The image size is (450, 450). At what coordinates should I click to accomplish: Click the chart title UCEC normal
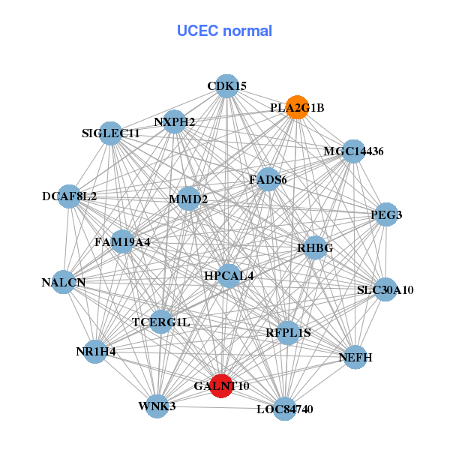coord(224,31)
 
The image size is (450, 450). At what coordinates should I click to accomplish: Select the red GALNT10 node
coord(220,385)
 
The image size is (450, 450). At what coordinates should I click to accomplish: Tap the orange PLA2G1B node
coord(298,107)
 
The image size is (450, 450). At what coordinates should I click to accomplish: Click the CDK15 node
coord(226,86)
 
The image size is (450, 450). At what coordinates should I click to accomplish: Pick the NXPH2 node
coord(174,121)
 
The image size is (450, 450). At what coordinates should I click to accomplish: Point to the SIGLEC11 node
coord(111,133)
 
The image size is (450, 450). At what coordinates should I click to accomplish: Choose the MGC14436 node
coord(353,151)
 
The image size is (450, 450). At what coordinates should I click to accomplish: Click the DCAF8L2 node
coord(70,196)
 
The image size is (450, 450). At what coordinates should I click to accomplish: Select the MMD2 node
coord(188,199)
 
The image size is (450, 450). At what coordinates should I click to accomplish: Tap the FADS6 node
coord(268,180)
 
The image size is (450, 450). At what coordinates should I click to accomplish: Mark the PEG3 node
coord(386,214)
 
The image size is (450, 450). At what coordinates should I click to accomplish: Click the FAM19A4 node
coord(123,242)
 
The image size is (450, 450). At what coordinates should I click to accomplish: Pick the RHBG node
coord(315,247)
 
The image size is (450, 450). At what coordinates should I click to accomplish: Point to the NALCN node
coord(64,283)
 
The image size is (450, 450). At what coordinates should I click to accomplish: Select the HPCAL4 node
coord(229,276)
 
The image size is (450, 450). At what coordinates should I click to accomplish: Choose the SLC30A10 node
coord(385,289)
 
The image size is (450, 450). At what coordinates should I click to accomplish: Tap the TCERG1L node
coord(161,322)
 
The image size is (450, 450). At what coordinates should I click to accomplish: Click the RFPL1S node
coord(288,331)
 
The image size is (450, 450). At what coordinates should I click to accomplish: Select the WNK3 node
coord(157,406)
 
